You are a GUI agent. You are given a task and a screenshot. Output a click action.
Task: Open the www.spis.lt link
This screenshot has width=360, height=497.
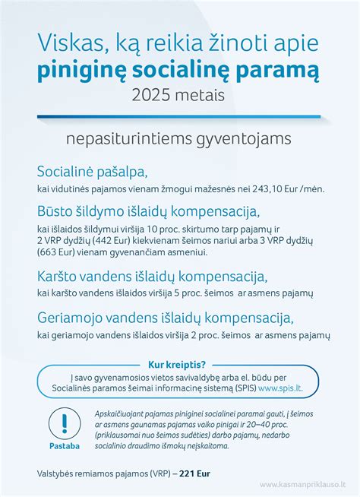279,388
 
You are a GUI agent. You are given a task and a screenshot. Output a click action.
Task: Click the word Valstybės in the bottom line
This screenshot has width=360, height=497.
58,473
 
